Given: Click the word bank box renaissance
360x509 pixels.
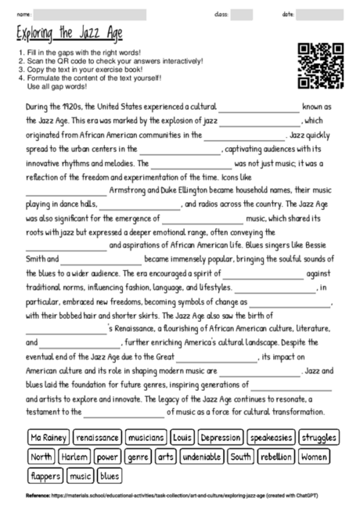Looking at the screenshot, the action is (98, 437).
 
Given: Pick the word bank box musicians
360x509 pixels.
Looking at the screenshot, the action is (146, 437).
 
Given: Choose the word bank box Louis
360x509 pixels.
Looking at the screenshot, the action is (182, 437).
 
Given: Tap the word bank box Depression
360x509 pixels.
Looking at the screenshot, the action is (221, 437).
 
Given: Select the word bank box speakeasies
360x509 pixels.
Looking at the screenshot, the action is (272, 437).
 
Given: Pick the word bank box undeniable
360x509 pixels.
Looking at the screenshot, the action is (202, 456).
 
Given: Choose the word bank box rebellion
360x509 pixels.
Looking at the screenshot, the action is (277, 456).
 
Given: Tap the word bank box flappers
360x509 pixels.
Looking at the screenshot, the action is (46, 475).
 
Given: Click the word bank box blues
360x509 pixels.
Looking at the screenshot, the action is (110, 475).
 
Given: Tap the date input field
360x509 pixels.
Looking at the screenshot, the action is (325, 15).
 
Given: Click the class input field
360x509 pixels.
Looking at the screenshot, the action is (242, 15).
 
